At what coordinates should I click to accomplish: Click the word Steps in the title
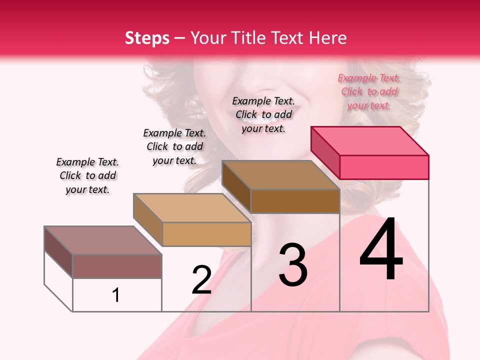click(147, 38)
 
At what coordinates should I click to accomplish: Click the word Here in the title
click(328, 38)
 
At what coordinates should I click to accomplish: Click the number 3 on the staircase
click(292, 264)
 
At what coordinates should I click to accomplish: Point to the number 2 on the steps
click(201, 279)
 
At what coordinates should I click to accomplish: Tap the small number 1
click(116, 295)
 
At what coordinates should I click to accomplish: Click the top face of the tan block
click(192, 208)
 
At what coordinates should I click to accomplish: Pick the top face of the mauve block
click(103, 240)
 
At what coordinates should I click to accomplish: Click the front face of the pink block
click(384, 167)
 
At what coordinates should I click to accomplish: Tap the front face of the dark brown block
click(295, 201)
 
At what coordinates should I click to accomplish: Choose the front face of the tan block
click(206, 234)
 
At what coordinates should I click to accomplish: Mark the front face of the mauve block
click(117, 266)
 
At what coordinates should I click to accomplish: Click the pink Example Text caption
click(369, 91)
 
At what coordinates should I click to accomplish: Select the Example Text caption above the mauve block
click(87, 175)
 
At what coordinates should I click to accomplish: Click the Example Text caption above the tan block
click(174, 146)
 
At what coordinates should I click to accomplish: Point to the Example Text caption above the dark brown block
click(263, 114)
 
